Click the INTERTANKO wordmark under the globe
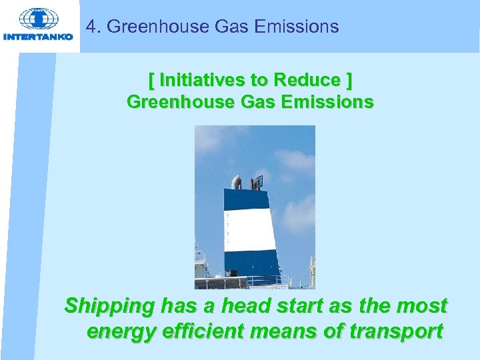coord(39,37)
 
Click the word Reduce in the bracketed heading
coord(311,80)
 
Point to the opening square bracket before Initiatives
coord(151,80)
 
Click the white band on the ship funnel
coord(250,231)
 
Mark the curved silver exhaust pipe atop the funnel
coord(235,181)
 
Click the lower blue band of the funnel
coord(252,262)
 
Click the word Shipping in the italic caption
coord(109,307)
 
